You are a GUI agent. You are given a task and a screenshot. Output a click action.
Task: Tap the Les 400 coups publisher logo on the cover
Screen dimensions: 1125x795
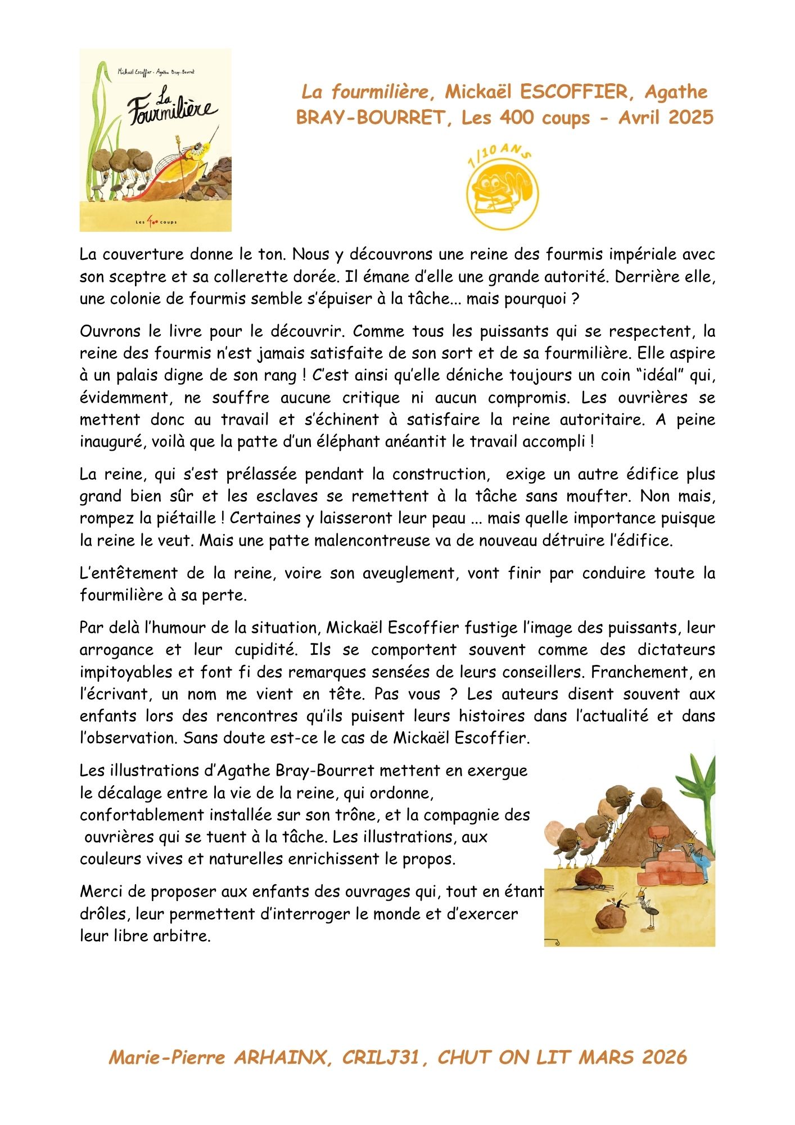point(156,222)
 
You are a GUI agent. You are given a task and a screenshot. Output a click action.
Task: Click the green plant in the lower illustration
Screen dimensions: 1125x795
point(700,787)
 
